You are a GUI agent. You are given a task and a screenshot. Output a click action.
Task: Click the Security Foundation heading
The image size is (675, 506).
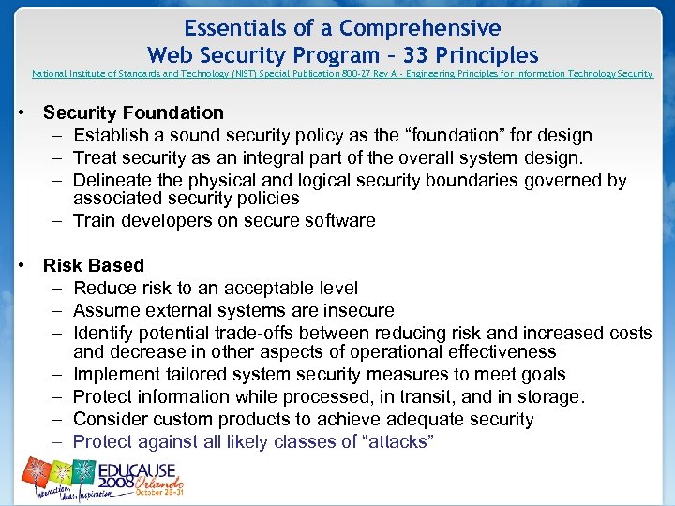[x=133, y=112]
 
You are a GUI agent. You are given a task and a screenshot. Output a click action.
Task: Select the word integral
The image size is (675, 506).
[x=251, y=157]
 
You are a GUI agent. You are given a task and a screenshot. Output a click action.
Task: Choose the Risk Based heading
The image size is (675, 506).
[x=94, y=265]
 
